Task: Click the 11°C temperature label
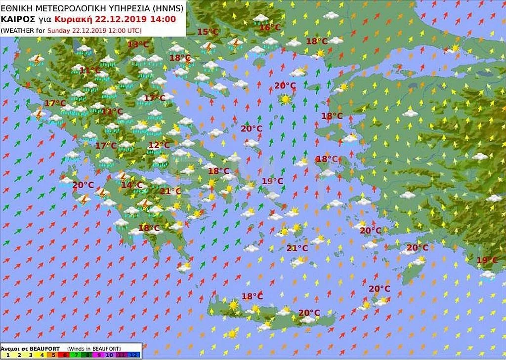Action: [89, 71]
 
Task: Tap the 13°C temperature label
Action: [138, 44]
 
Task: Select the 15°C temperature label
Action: [208, 32]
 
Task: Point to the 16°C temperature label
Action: [270, 28]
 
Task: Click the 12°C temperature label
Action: [159, 145]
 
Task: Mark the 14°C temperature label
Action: [132, 185]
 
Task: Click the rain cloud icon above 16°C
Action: [260, 19]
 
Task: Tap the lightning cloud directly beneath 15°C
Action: [209, 47]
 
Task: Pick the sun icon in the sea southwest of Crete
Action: [231, 334]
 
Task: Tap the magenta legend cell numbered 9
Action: [97, 354]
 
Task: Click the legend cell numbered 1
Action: [7, 354]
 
